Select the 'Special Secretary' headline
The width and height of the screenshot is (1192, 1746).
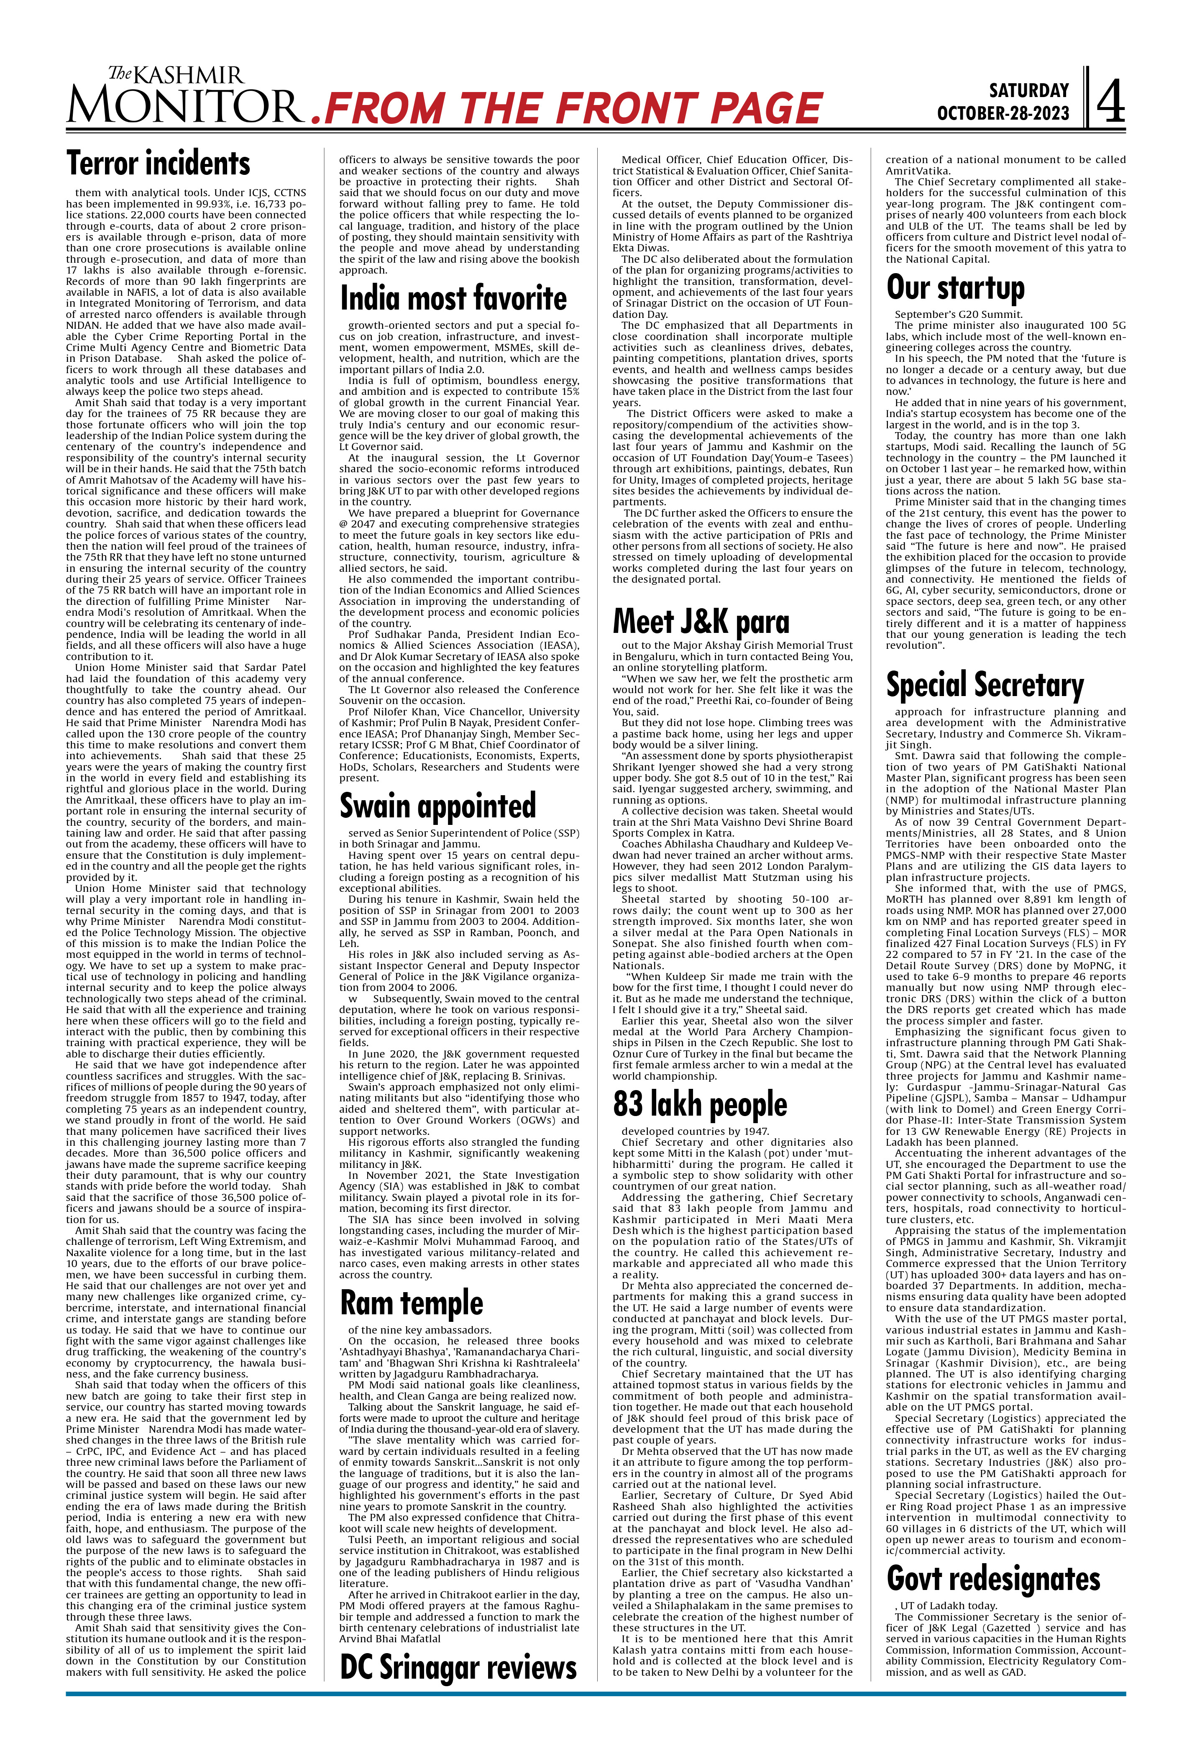(985, 684)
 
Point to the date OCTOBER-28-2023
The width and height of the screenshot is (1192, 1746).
(1002, 113)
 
